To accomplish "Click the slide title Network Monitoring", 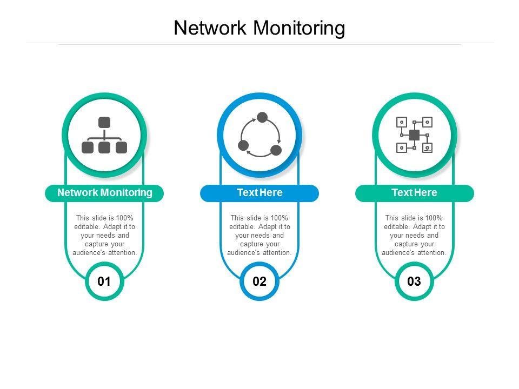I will (259, 28).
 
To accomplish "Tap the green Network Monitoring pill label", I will (104, 193).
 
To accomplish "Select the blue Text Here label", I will (259, 193).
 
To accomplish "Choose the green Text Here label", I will (414, 193).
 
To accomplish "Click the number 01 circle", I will (104, 281).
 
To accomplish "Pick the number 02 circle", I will (259, 281).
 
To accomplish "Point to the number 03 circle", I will (414, 281).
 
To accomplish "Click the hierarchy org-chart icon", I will (104, 135).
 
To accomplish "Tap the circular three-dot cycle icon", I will (259, 135).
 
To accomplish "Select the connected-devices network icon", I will (415, 135).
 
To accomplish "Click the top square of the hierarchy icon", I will (104, 123).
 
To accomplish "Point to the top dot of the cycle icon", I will (262, 117).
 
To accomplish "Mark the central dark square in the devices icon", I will (415, 135).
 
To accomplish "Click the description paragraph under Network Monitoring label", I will (104, 236).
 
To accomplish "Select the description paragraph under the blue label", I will (259, 236).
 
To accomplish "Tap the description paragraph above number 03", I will (414, 236).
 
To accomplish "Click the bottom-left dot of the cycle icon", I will (243, 145).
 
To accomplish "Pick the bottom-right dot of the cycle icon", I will (276, 150).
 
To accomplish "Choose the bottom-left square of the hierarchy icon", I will (88, 147).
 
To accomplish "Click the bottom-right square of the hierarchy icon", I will (121, 147).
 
